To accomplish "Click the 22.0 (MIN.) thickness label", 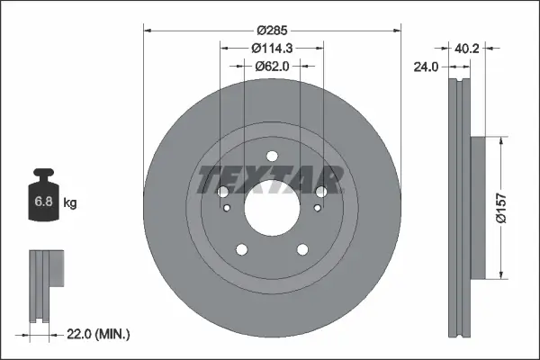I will (100, 334).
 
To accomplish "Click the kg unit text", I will (70, 203).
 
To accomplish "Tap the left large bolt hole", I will (224, 191).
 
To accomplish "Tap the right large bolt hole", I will (320, 191).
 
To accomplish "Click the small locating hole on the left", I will (228, 210).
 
